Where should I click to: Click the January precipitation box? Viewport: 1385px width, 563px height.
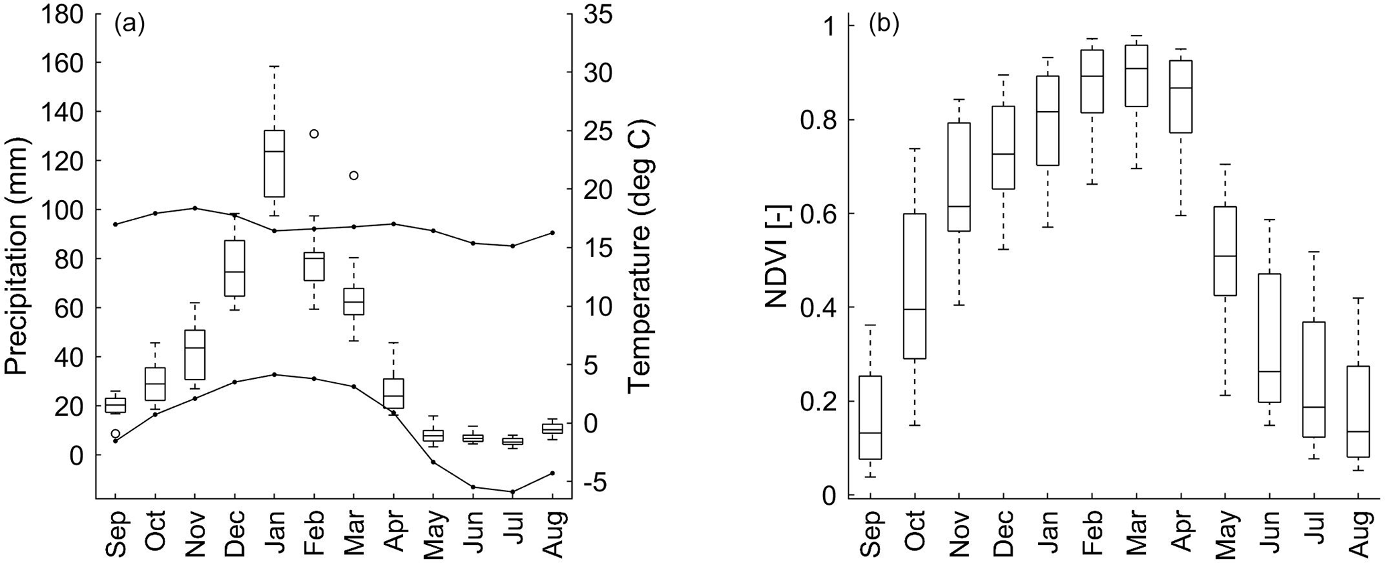(275, 163)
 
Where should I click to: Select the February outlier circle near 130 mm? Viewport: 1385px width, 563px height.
(314, 133)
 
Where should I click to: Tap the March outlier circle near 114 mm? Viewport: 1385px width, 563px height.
(354, 175)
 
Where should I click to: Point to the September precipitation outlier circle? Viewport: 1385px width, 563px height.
(115, 434)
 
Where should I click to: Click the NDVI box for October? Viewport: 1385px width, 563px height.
(914, 286)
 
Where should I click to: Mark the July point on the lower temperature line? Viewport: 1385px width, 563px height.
(513, 492)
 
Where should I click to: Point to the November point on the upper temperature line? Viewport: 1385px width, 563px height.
(195, 208)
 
